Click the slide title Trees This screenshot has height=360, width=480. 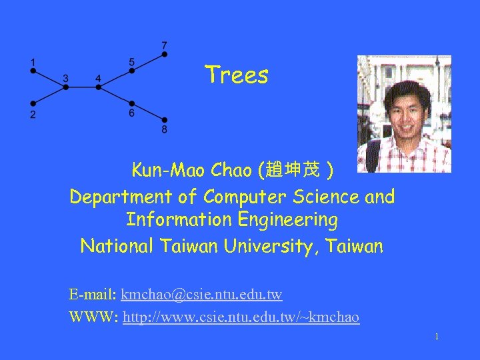pyautogui.click(x=237, y=75)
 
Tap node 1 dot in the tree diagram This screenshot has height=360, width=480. pyautogui.click(x=33, y=71)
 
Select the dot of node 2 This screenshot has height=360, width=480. pyautogui.click(x=33, y=103)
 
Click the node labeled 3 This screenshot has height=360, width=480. pyautogui.click(x=65, y=87)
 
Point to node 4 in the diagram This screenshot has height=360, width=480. pyautogui.click(x=98, y=87)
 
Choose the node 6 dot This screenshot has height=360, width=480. pyautogui.click(x=132, y=103)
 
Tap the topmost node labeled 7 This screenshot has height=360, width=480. pyautogui.click(x=165, y=54)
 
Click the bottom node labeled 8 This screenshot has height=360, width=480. pyautogui.click(x=165, y=120)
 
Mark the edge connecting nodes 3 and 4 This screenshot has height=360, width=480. pyautogui.click(x=81, y=87)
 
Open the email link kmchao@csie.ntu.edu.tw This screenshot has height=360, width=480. pyautogui.click(x=201, y=294)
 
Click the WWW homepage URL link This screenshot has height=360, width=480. pyautogui.click(x=241, y=317)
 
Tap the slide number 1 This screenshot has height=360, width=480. pyautogui.click(x=436, y=337)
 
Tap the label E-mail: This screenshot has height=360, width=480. pyautogui.click(x=93, y=294)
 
